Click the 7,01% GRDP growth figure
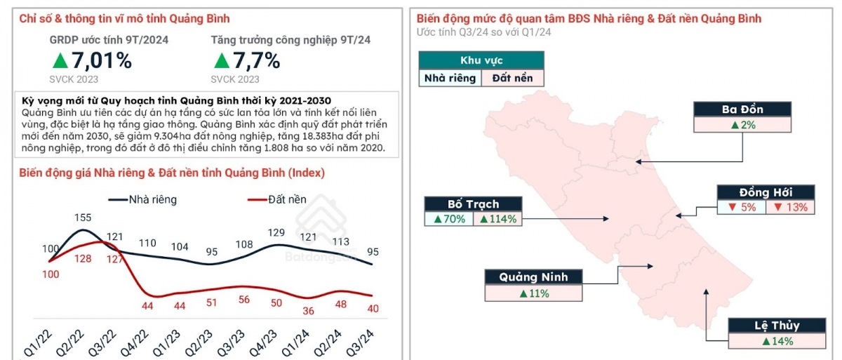click(x=93, y=61)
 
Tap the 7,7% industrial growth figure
click(x=246, y=61)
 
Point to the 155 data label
click(x=83, y=218)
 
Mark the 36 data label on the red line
click(x=307, y=311)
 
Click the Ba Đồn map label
click(x=742, y=109)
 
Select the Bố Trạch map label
click(x=473, y=204)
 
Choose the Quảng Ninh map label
click(x=533, y=276)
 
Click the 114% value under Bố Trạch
click(x=499, y=219)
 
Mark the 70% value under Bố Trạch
click(x=449, y=219)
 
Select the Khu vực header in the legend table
click(x=481, y=60)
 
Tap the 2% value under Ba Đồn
click(x=742, y=125)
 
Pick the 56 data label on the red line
click(x=244, y=299)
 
